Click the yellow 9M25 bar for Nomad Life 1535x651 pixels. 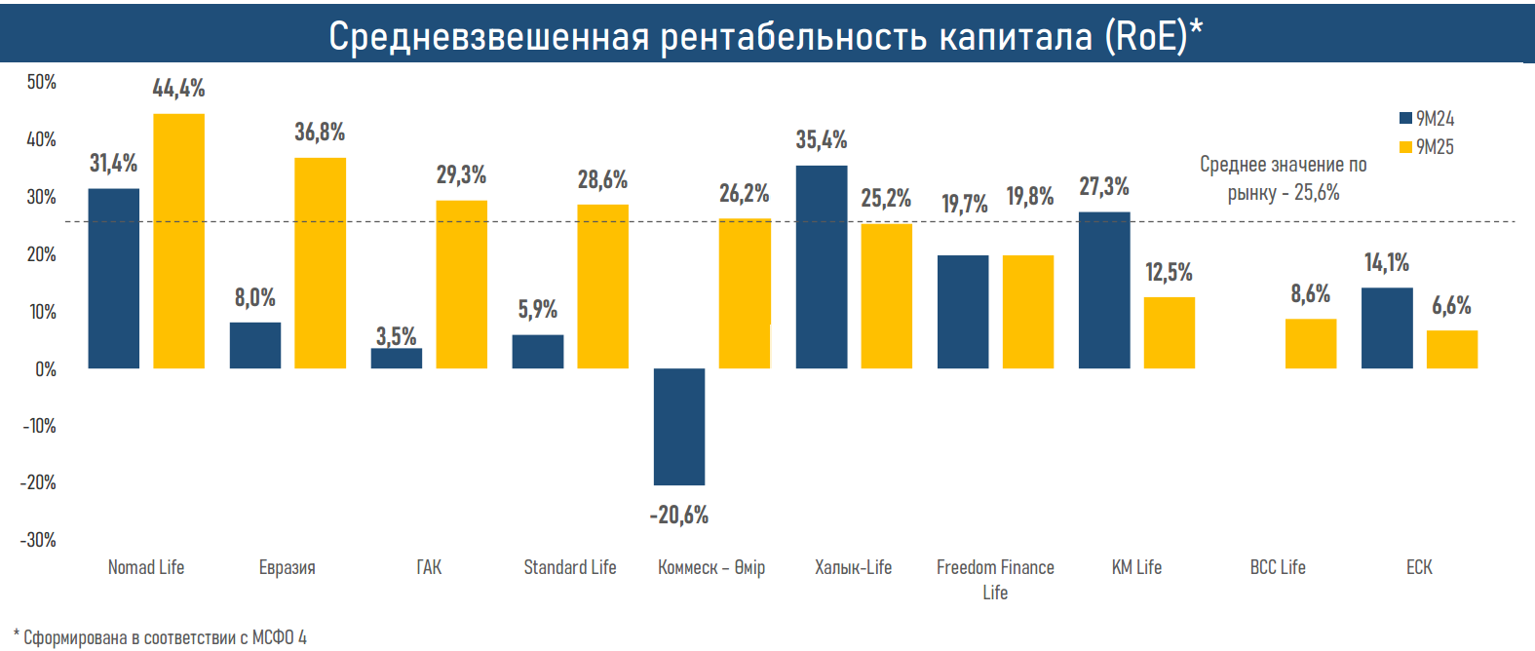click(x=179, y=241)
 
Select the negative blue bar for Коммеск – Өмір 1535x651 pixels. click(x=679, y=426)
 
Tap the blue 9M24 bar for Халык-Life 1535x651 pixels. click(x=822, y=267)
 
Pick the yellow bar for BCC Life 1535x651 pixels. click(x=1311, y=343)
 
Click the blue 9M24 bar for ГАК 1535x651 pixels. click(x=397, y=358)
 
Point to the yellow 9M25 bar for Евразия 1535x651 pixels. click(x=321, y=263)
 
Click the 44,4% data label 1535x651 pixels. click(x=179, y=89)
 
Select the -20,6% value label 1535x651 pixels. click(x=679, y=515)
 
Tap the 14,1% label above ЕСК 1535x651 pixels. click(x=1387, y=263)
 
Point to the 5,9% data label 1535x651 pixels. click(x=538, y=310)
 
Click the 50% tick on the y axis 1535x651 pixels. click(x=42, y=82)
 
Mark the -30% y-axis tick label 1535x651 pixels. click(x=39, y=540)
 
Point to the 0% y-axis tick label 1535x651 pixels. click(x=46, y=369)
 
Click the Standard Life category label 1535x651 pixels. click(x=570, y=567)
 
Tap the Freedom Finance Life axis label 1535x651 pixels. click(x=995, y=579)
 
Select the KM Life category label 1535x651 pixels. click(x=1136, y=567)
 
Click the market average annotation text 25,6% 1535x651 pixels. click(x=1317, y=193)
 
